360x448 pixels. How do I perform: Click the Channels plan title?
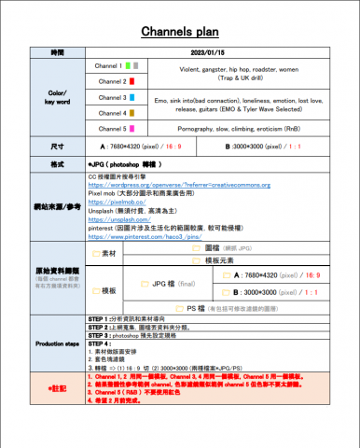(179, 33)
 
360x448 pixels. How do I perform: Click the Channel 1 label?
(108, 66)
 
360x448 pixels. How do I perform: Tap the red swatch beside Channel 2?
(132, 82)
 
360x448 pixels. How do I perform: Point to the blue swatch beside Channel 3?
(132, 97)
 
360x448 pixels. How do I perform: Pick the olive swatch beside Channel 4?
(132, 112)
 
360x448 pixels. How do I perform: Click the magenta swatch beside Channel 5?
(132, 128)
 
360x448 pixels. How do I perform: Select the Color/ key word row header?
(58, 97)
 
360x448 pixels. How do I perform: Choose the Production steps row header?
(58, 344)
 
